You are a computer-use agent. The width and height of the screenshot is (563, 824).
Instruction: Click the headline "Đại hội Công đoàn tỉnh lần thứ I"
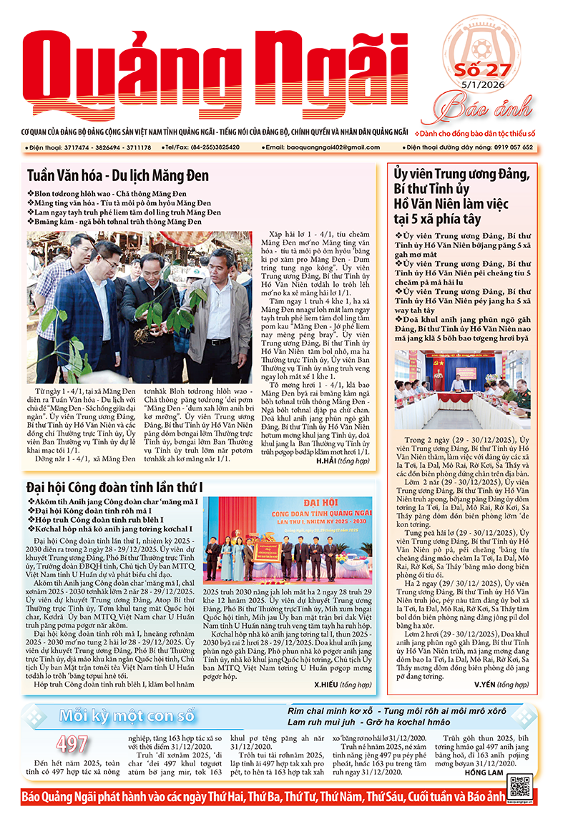pyautogui.click(x=104, y=487)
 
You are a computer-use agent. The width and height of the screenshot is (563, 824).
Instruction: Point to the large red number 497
pyautogui.click(x=72, y=744)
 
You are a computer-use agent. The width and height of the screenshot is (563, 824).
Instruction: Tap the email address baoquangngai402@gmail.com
pyautogui.click(x=325, y=147)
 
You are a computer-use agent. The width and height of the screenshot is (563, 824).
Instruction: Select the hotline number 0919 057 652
pyautogui.click(x=508, y=147)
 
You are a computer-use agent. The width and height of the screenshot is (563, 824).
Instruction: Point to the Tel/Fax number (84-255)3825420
pyautogui.click(x=213, y=147)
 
